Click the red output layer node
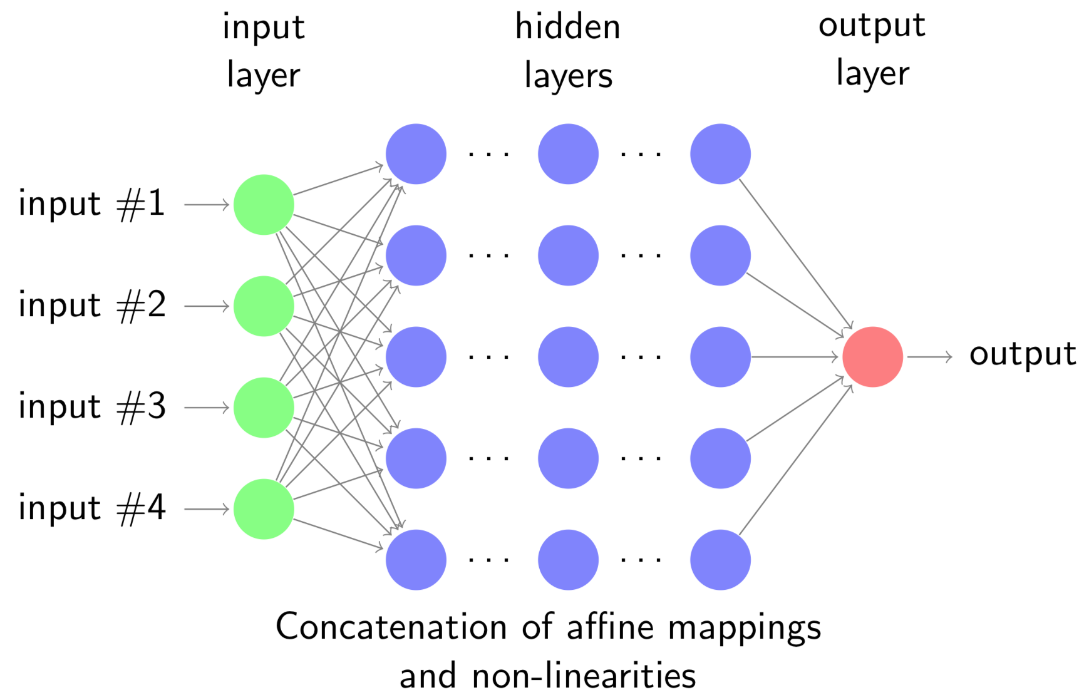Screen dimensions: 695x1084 click(872, 357)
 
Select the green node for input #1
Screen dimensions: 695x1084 click(264, 205)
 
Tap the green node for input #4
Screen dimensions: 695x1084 click(264, 509)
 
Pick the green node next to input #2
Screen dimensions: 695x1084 click(264, 306)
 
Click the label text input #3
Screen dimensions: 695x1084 click(92, 407)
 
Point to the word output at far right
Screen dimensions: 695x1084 click(1022, 355)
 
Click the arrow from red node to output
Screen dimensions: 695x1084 click(929, 357)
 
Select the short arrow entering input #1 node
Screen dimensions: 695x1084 click(207, 205)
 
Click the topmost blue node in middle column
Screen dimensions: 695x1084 click(568, 154)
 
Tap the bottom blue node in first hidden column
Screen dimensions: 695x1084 click(416, 560)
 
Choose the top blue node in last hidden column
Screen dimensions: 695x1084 click(720, 154)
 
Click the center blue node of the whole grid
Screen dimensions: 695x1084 click(568, 357)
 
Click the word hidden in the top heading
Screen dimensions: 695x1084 click(567, 28)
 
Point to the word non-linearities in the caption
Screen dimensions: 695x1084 click(584, 677)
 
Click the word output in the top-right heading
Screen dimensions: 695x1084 click(872, 27)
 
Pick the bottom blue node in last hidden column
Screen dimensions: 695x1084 click(720, 560)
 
